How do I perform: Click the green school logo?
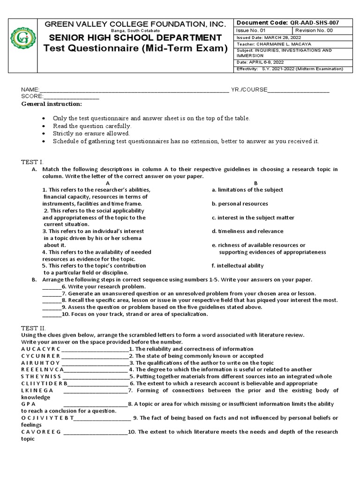tap(23, 37)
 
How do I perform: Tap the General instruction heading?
tap(52, 104)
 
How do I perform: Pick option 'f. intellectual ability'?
tap(237, 266)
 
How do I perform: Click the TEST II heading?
tap(32, 329)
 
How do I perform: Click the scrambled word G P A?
tap(28, 404)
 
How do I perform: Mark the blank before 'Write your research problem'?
tap(52, 286)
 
